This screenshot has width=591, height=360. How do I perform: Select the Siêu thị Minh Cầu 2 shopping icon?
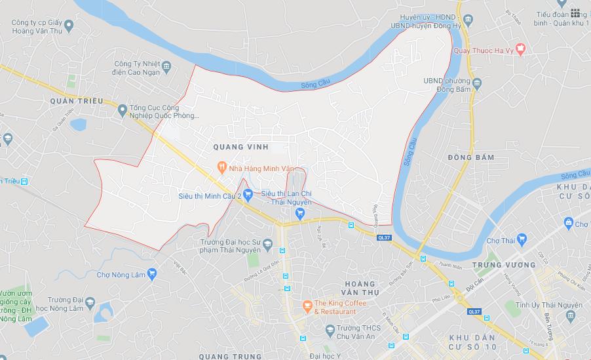(x=248, y=195)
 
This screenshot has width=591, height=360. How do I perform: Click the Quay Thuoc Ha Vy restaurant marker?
(x=520, y=48)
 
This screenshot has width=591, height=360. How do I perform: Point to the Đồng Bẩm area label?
(x=471, y=158)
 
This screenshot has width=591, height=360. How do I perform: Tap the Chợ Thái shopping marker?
(x=522, y=240)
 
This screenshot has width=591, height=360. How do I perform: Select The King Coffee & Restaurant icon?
(x=306, y=306)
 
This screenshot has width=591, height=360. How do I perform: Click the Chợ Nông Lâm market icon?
(x=151, y=274)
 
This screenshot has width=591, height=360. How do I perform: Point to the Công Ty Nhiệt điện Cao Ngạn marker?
(x=166, y=66)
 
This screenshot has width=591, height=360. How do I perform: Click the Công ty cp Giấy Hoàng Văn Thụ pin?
(x=69, y=26)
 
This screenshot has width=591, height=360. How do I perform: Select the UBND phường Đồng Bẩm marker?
(x=476, y=83)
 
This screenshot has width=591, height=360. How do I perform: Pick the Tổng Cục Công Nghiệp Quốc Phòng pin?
(x=121, y=111)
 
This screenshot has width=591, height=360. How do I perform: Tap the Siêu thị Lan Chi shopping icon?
(x=300, y=212)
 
